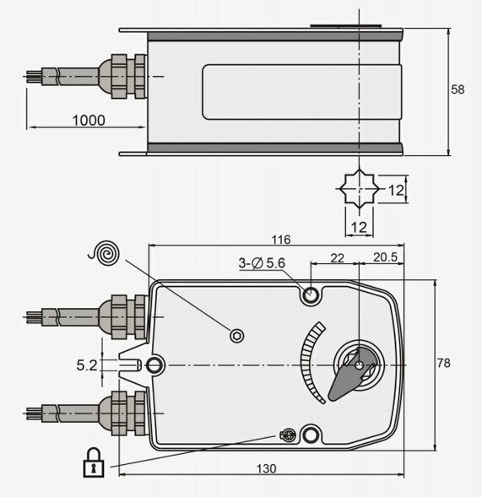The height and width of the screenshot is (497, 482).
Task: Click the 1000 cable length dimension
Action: coord(89,120)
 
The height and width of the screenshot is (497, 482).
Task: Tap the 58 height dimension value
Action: coord(458,89)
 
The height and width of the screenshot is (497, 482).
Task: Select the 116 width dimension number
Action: coord(281,240)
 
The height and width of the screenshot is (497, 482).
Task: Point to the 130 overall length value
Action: coord(266,468)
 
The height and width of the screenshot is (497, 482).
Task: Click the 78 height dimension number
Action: coord(443,363)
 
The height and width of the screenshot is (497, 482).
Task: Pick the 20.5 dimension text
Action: coord(385,257)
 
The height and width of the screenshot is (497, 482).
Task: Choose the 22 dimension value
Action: coord(337,258)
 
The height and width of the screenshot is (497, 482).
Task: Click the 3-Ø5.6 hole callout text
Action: coord(262,263)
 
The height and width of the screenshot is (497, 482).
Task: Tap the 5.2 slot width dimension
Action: coord(87,365)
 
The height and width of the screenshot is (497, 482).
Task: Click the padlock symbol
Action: coord(94,462)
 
